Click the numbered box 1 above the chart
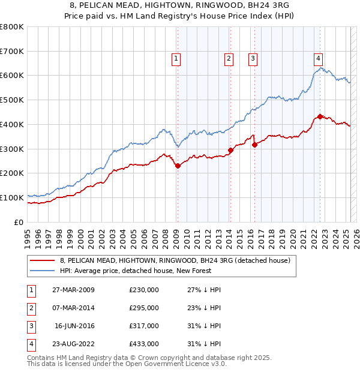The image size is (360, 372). point(176,58)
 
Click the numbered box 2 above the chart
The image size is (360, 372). point(229,58)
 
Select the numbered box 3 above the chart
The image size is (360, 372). point(253,58)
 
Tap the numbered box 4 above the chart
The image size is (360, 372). point(318,58)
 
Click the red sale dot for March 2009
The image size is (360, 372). point(178,166)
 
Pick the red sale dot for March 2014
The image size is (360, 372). point(230,150)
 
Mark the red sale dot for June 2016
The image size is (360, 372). point(254,145)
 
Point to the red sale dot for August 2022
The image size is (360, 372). point(320,116)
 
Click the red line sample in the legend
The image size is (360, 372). point(42,260)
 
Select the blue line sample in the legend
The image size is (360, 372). point(42,271)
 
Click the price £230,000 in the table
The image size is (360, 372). point(144,290)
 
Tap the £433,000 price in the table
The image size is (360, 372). point(144,344)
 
